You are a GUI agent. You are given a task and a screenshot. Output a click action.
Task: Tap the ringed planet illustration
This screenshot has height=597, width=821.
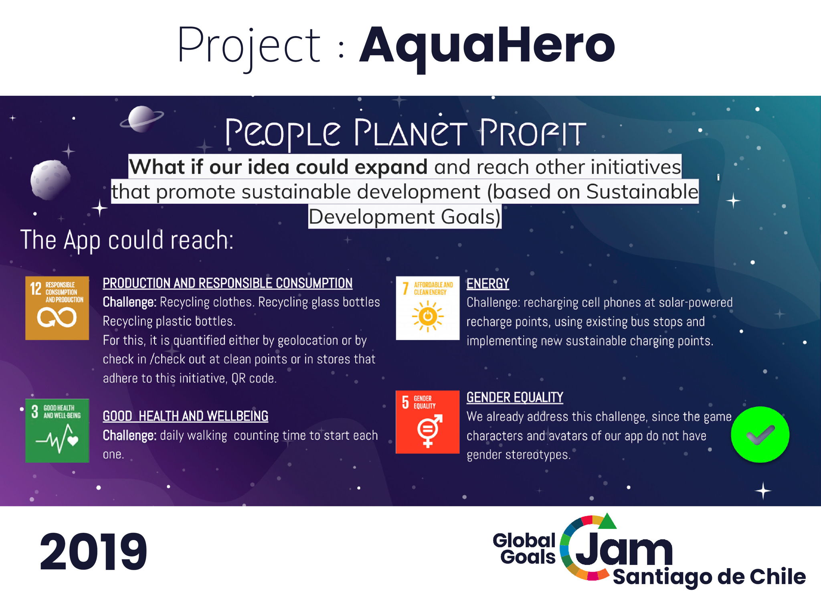pyautogui.click(x=142, y=119)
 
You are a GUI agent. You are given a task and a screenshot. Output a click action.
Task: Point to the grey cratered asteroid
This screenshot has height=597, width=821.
pyautogui.click(x=51, y=180)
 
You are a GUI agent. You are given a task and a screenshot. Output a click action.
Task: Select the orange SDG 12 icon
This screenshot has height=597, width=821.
pyautogui.click(x=57, y=308)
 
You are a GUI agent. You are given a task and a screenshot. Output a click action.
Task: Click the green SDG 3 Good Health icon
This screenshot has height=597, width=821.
pyautogui.click(x=57, y=431)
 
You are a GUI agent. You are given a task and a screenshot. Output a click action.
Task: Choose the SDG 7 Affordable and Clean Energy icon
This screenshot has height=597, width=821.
pyautogui.click(x=428, y=308)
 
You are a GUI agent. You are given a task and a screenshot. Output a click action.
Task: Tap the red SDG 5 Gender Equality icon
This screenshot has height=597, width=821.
pyautogui.click(x=428, y=422)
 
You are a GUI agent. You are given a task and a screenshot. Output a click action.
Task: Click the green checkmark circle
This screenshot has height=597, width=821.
pyautogui.click(x=760, y=435)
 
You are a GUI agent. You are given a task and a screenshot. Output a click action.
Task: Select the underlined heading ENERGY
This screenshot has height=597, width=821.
pyautogui.click(x=488, y=284)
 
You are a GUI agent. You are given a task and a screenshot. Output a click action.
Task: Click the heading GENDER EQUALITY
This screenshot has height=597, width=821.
pyautogui.click(x=515, y=398)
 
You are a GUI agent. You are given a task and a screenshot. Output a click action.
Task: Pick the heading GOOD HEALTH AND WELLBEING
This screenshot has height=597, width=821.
pyautogui.click(x=186, y=416)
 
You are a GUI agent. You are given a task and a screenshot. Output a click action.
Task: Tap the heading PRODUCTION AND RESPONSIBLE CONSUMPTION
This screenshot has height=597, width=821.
pyautogui.click(x=228, y=283)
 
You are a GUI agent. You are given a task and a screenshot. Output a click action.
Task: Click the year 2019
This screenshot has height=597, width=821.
pyautogui.click(x=93, y=551)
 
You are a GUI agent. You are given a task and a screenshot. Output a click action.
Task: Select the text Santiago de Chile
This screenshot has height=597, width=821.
pyautogui.click(x=709, y=577)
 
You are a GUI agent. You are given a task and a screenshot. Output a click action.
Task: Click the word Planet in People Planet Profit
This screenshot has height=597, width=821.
pyautogui.click(x=410, y=133)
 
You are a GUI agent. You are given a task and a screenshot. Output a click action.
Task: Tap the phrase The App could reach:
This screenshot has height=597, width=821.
pyautogui.click(x=127, y=240)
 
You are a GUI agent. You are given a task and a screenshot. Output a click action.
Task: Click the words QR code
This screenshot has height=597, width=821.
pyautogui.click(x=254, y=378)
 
